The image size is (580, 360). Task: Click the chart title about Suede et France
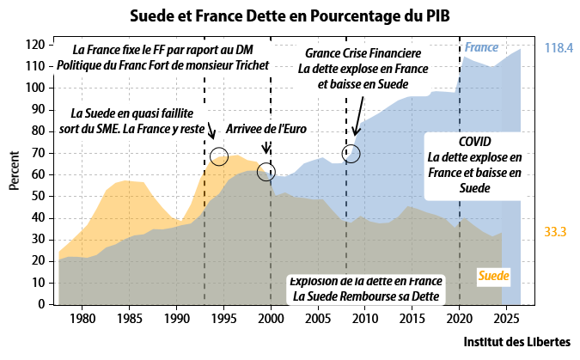pos(290,15)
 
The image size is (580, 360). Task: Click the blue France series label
pos(481,47)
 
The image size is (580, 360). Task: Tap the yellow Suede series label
pos(492,276)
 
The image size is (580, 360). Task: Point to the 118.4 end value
pos(559,49)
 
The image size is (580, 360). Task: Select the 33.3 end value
pos(557,232)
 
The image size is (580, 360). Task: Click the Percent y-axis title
pos(15,172)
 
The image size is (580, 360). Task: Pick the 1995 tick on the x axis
pos(223,319)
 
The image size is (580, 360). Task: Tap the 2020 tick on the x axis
pos(460,319)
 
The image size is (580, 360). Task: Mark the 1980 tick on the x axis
pos(82,319)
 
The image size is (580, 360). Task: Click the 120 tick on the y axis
pos(34,45)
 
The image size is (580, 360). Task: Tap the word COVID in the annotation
pos(475,142)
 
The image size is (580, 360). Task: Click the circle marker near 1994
pos(219,156)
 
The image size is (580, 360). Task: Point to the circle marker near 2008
pos(351,154)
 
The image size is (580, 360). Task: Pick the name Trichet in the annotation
pos(245,65)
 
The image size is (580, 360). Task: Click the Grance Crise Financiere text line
pos(362,53)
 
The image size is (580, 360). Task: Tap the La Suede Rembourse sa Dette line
pos(366,296)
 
